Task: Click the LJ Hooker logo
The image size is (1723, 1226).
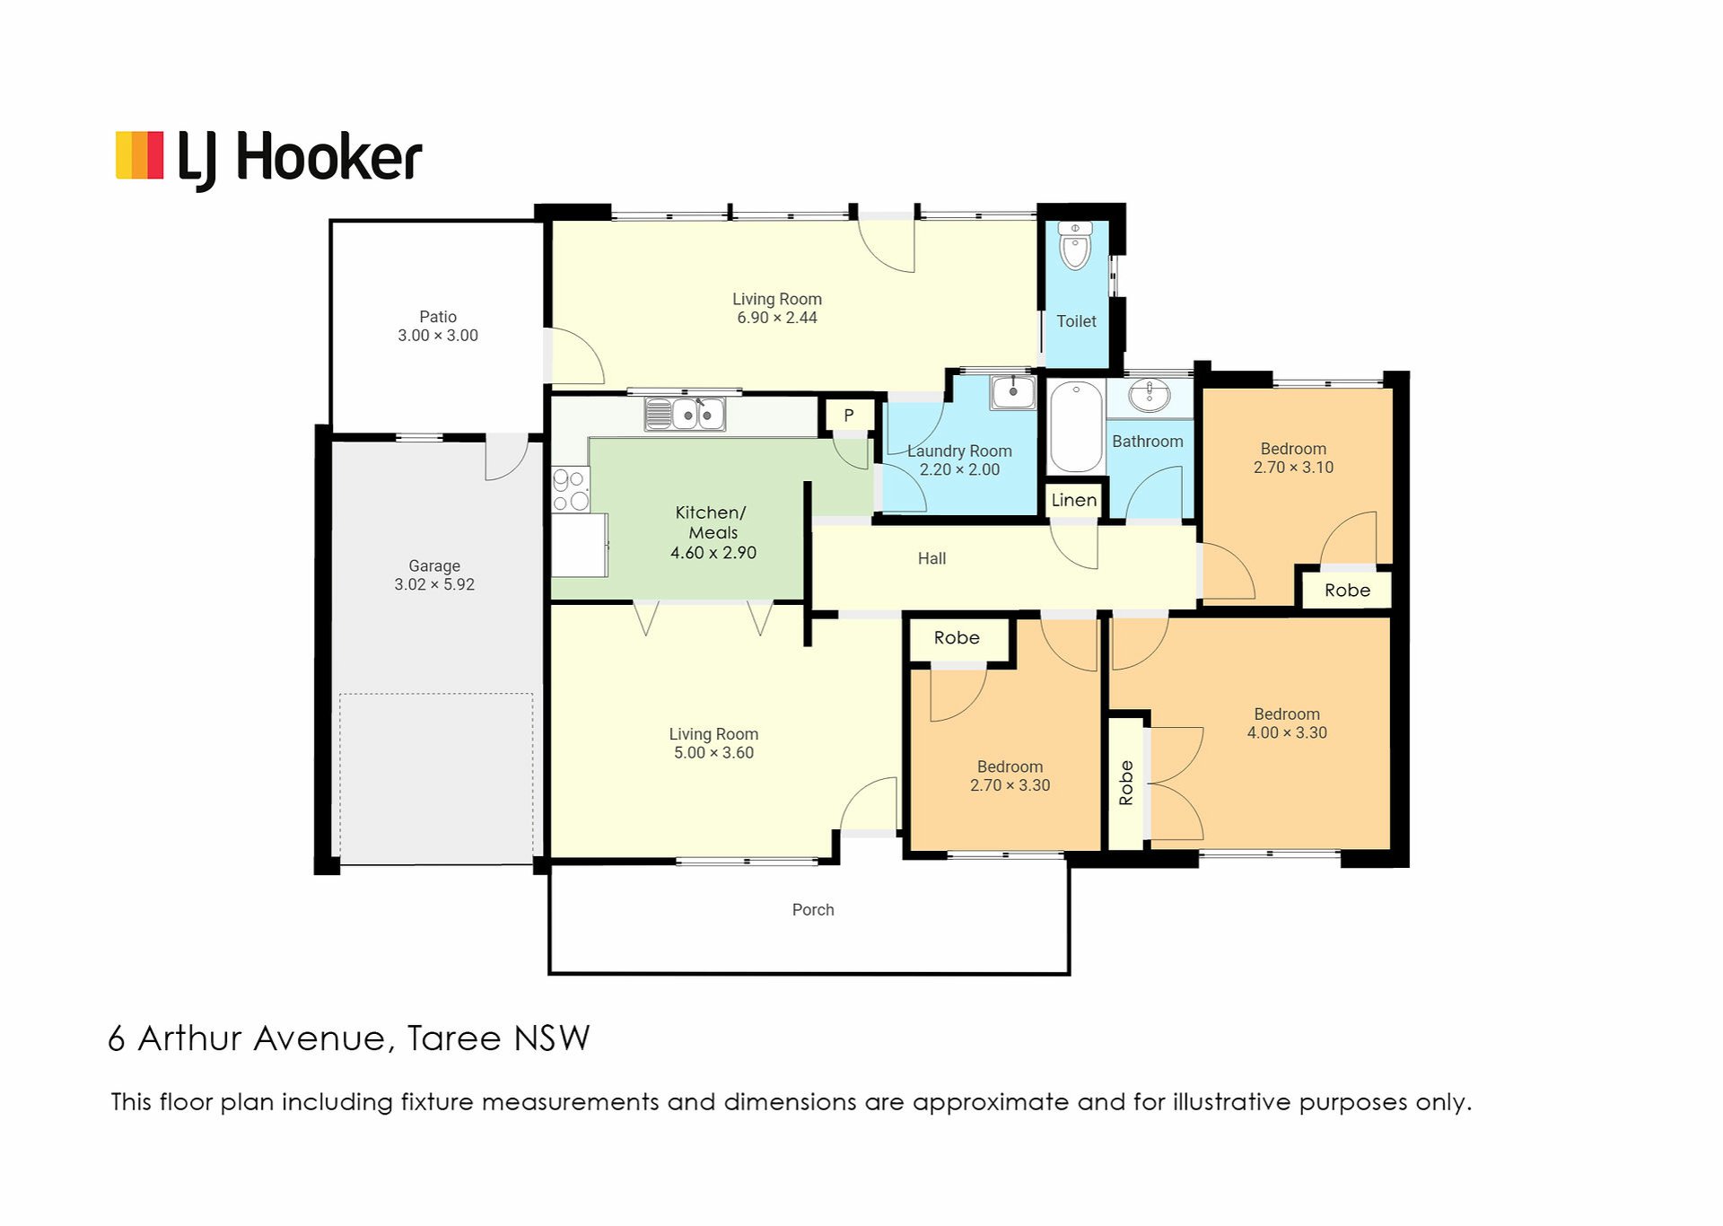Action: tap(268, 160)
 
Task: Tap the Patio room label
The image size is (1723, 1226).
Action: tap(438, 317)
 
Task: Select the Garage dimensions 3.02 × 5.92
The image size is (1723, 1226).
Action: tap(434, 584)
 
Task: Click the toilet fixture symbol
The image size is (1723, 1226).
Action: tap(1075, 245)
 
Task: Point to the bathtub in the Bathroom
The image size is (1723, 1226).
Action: tap(1076, 427)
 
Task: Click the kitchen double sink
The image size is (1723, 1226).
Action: tap(685, 415)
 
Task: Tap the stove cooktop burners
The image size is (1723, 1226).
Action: tap(571, 489)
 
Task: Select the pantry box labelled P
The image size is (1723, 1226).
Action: tap(848, 416)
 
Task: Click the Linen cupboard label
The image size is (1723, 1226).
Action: tap(1074, 500)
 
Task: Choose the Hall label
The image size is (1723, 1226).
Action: tap(931, 558)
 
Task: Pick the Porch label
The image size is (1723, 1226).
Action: tap(813, 910)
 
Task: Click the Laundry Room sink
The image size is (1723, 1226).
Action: tap(1013, 392)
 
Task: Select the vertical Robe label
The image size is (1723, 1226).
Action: tap(1126, 783)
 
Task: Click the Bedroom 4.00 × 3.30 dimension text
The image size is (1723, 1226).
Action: tap(1287, 733)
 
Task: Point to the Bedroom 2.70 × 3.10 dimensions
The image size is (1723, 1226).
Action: tap(1293, 468)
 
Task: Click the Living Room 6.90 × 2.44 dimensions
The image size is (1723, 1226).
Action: tap(777, 318)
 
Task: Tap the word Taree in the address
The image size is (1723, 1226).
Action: tap(454, 1038)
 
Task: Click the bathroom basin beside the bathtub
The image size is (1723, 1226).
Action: tap(1150, 395)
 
